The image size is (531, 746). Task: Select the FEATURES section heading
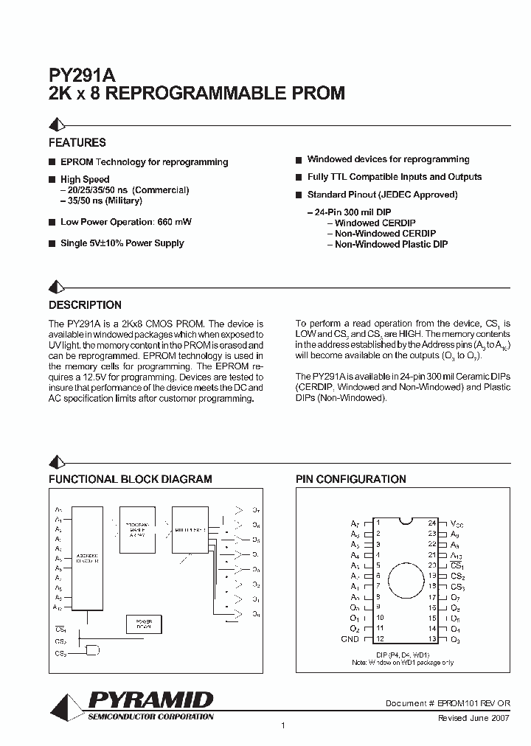[x=77, y=142]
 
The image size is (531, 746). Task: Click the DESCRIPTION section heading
[x=85, y=304]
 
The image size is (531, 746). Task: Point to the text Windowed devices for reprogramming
[x=388, y=159]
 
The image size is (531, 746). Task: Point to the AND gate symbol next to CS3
[x=94, y=650]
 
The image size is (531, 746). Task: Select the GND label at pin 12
[x=350, y=638]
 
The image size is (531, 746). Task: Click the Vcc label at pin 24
[x=457, y=523]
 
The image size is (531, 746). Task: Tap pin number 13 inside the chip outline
[x=432, y=638]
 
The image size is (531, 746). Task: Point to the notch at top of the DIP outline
[x=403, y=521]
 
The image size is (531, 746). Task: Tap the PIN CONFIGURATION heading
[x=351, y=479]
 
